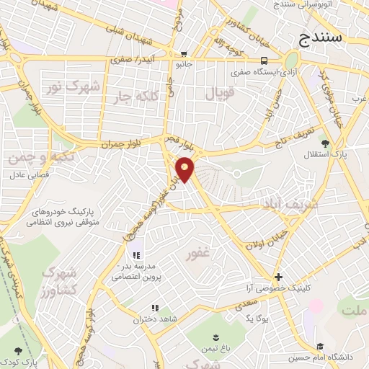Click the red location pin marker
(x=185, y=169)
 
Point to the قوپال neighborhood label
(x=221, y=93)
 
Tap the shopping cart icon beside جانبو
(x=184, y=54)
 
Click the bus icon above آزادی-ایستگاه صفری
(x=264, y=61)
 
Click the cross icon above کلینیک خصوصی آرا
(x=278, y=276)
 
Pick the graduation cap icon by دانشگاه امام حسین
(x=319, y=347)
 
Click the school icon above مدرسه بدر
(x=135, y=254)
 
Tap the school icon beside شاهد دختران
(x=155, y=308)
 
